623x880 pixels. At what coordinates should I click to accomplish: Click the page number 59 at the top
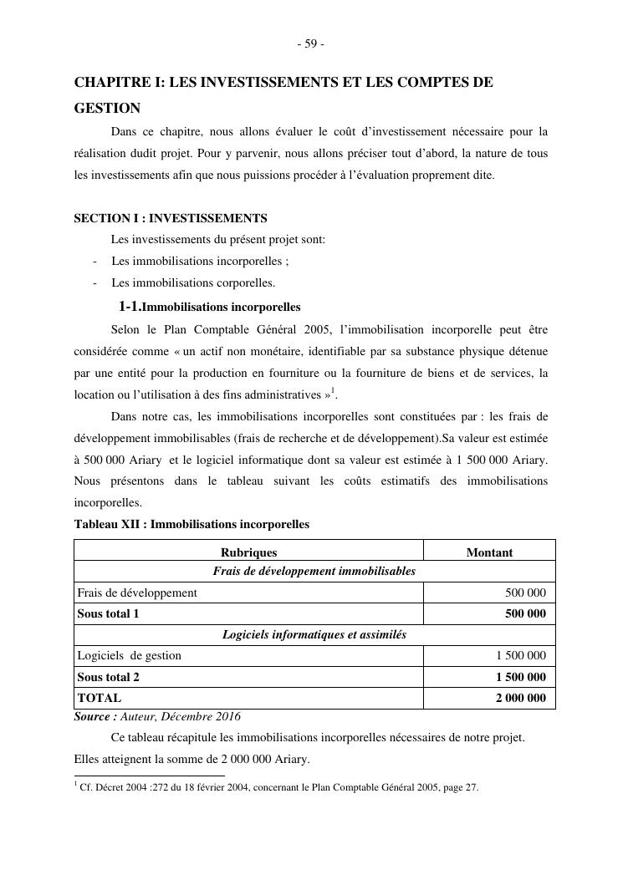[x=311, y=44]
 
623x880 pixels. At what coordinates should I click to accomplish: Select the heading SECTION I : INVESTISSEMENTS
[x=171, y=218]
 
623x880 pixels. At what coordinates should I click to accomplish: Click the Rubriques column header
[x=248, y=552]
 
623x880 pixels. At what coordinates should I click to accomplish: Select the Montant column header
[x=489, y=552]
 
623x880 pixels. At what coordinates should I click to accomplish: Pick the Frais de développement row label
[x=137, y=593]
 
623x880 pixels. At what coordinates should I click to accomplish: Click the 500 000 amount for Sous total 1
[x=525, y=613]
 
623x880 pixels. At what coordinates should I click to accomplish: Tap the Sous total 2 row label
[x=108, y=677]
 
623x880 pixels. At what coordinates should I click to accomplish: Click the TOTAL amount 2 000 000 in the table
[x=521, y=698]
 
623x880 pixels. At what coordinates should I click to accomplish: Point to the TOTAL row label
[x=99, y=698]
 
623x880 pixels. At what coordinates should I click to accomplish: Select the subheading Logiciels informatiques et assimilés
[x=314, y=634]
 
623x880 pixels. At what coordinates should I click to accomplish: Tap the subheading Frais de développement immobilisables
[x=314, y=571]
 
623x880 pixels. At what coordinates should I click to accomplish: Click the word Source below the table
[x=94, y=716]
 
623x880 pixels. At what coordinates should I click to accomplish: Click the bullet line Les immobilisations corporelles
[x=193, y=282]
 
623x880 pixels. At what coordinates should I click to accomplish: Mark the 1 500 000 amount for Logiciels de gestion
[x=521, y=655]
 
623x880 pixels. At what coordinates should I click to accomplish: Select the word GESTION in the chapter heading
[x=107, y=108]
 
